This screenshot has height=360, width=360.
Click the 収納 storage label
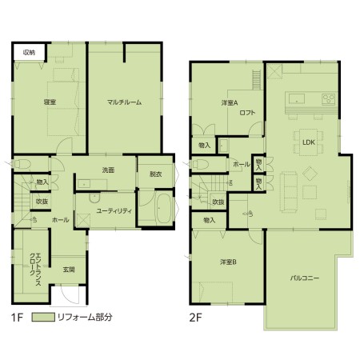click(29, 53)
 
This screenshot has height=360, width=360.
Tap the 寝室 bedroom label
click(50, 102)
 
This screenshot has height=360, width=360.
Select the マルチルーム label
click(124, 102)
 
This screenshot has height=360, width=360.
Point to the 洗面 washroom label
click(108, 170)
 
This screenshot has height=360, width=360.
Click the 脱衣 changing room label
click(156, 174)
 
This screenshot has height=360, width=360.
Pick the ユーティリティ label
click(114, 211)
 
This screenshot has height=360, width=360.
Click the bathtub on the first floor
click(163, 208)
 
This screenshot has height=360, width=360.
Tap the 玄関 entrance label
click(69, 270)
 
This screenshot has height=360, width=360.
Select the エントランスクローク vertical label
click(35, 269)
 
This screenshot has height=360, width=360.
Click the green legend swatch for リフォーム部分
click(43, 317)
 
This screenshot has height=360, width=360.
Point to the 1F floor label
click(17, 318)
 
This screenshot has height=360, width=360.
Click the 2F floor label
click(195, 318)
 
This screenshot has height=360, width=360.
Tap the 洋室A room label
click(230, 102)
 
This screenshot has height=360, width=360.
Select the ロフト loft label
click(247, 113)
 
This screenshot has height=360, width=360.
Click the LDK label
click(309, 142)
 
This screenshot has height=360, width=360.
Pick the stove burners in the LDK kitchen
click(329, 99)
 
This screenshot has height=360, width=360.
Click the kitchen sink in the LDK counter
click(296, 98)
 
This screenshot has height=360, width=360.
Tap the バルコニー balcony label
click(305, 278)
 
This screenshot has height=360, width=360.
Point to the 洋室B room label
click(228, 262)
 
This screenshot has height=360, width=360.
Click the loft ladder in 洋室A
click(257, 80)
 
